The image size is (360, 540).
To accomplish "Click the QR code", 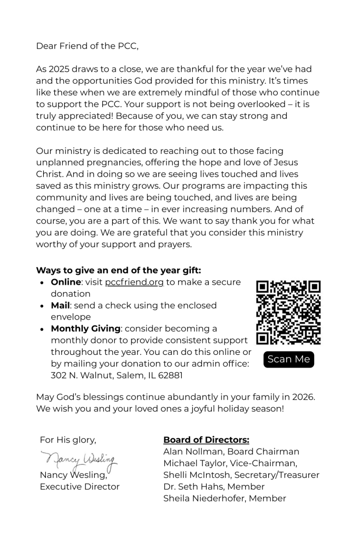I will coord(288,312).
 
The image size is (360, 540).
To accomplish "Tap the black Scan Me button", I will coord(288,360).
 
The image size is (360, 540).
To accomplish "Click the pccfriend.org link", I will coord(134,282).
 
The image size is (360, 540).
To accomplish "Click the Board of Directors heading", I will coord(206,440).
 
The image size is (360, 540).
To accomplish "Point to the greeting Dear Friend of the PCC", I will coord(87,46).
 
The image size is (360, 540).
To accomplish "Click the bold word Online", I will coord(66,282).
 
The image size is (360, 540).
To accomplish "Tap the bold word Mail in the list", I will coord(61,305).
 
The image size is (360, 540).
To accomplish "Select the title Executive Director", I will coord(80,487).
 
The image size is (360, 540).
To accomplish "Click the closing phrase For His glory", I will coord(68,440).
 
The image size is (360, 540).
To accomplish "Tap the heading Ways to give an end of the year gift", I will coord(119,270).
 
